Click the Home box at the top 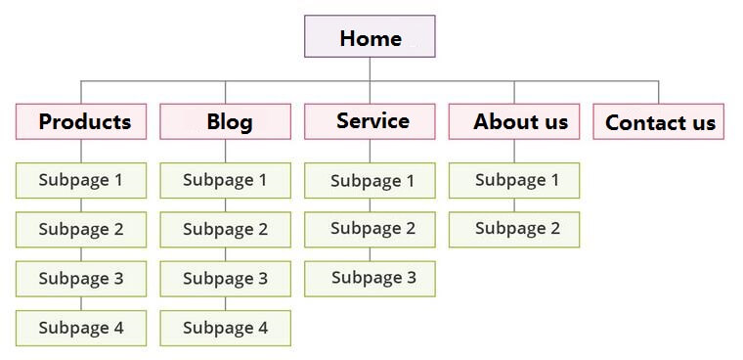click(x=370, y=37)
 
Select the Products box click(x=81, y=121)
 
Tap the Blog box click(x=226, y=121)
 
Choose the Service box click(x=370, y=121)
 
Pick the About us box click(x=514, y=121)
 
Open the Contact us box click(x=659, y=121)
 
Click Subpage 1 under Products click(x=81, y=180)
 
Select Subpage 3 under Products click(x=81, y=279)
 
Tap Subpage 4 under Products click(x=81, y=328)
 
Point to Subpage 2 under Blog click(x=226, y=229)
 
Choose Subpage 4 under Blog click(x=226, y=328)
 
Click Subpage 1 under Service click(x=370, y=181)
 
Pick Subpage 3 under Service click(x=370, y=278)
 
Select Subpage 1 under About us click(x=514, y=180)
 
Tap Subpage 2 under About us click(x=514, y=229)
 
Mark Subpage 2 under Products click(x=81, y=229)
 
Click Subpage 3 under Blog click(x=226, y=279)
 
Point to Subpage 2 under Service click(x=370, y=229)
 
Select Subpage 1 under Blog click(x=226, y=180)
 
